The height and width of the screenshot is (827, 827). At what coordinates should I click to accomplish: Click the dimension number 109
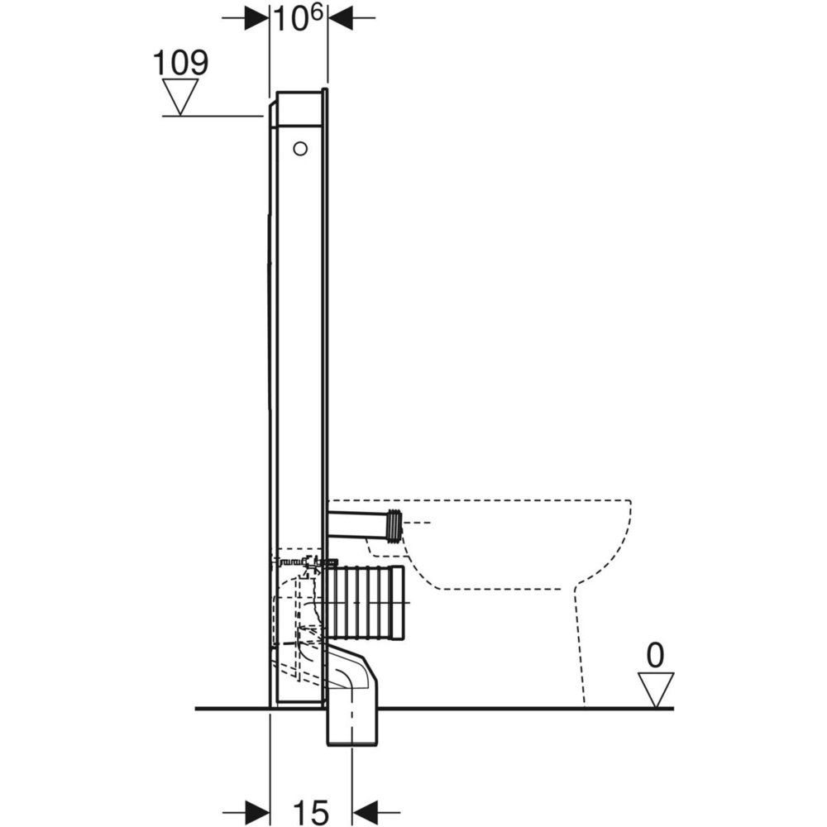pos(180,63)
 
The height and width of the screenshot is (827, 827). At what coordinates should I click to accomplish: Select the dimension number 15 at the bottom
pos(312,812)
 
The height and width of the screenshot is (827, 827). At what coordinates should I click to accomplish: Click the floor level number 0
pos(655,656)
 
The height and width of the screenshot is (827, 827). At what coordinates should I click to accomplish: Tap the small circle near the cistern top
pos(300,149)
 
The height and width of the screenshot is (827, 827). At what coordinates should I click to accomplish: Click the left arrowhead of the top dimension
pos(257,17)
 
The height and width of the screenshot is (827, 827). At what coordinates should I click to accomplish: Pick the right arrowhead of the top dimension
pos(340,17)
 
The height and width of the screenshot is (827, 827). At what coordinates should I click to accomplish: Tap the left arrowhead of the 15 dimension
pos(257,812)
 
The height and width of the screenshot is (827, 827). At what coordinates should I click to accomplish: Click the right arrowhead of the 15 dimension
pos(365,812)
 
